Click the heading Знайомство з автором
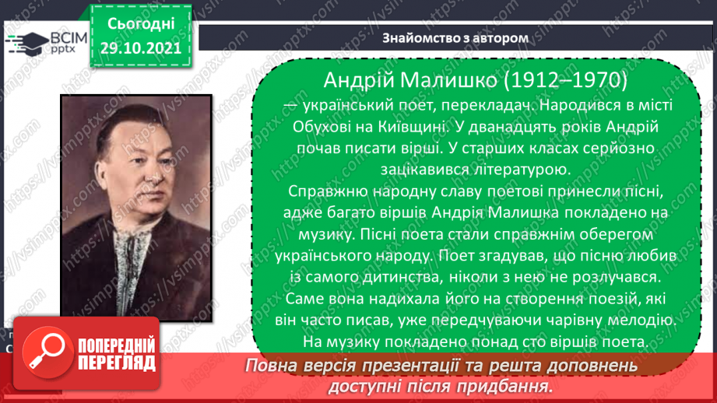(455, 37)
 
